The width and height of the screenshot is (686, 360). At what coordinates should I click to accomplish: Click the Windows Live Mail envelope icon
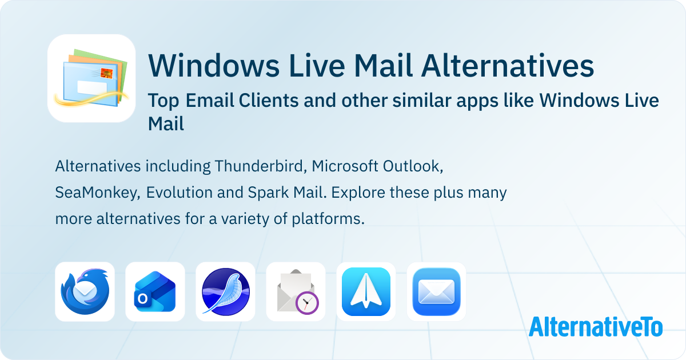click(x=91, y=78)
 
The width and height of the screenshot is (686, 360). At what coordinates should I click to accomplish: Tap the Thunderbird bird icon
click(x=85, y=291)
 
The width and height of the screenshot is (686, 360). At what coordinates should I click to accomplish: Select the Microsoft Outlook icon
click(x=155, y=291)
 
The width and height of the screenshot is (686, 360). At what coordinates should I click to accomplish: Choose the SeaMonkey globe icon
click(x=225, y=291)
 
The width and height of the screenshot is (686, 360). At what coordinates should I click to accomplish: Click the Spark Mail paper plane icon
click(x=366, y=291)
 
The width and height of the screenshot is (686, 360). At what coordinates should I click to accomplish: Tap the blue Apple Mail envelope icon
click(x=436, y=291)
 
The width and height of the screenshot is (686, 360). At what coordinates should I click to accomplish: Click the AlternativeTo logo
click(x=596, y=327)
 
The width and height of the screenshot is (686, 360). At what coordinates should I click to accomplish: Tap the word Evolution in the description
click(x=179, y=193)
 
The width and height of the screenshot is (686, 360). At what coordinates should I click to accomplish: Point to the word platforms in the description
click(x=328, y=219)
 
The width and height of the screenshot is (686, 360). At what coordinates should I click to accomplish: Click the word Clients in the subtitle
click(x=269, y=101)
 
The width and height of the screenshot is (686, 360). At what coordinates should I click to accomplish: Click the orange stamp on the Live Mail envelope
click(x=106, y=73)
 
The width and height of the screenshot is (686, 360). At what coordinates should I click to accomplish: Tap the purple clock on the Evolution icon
click(x=307, y=303)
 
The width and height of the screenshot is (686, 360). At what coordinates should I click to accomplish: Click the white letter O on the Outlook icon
click(x=142, y=298)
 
